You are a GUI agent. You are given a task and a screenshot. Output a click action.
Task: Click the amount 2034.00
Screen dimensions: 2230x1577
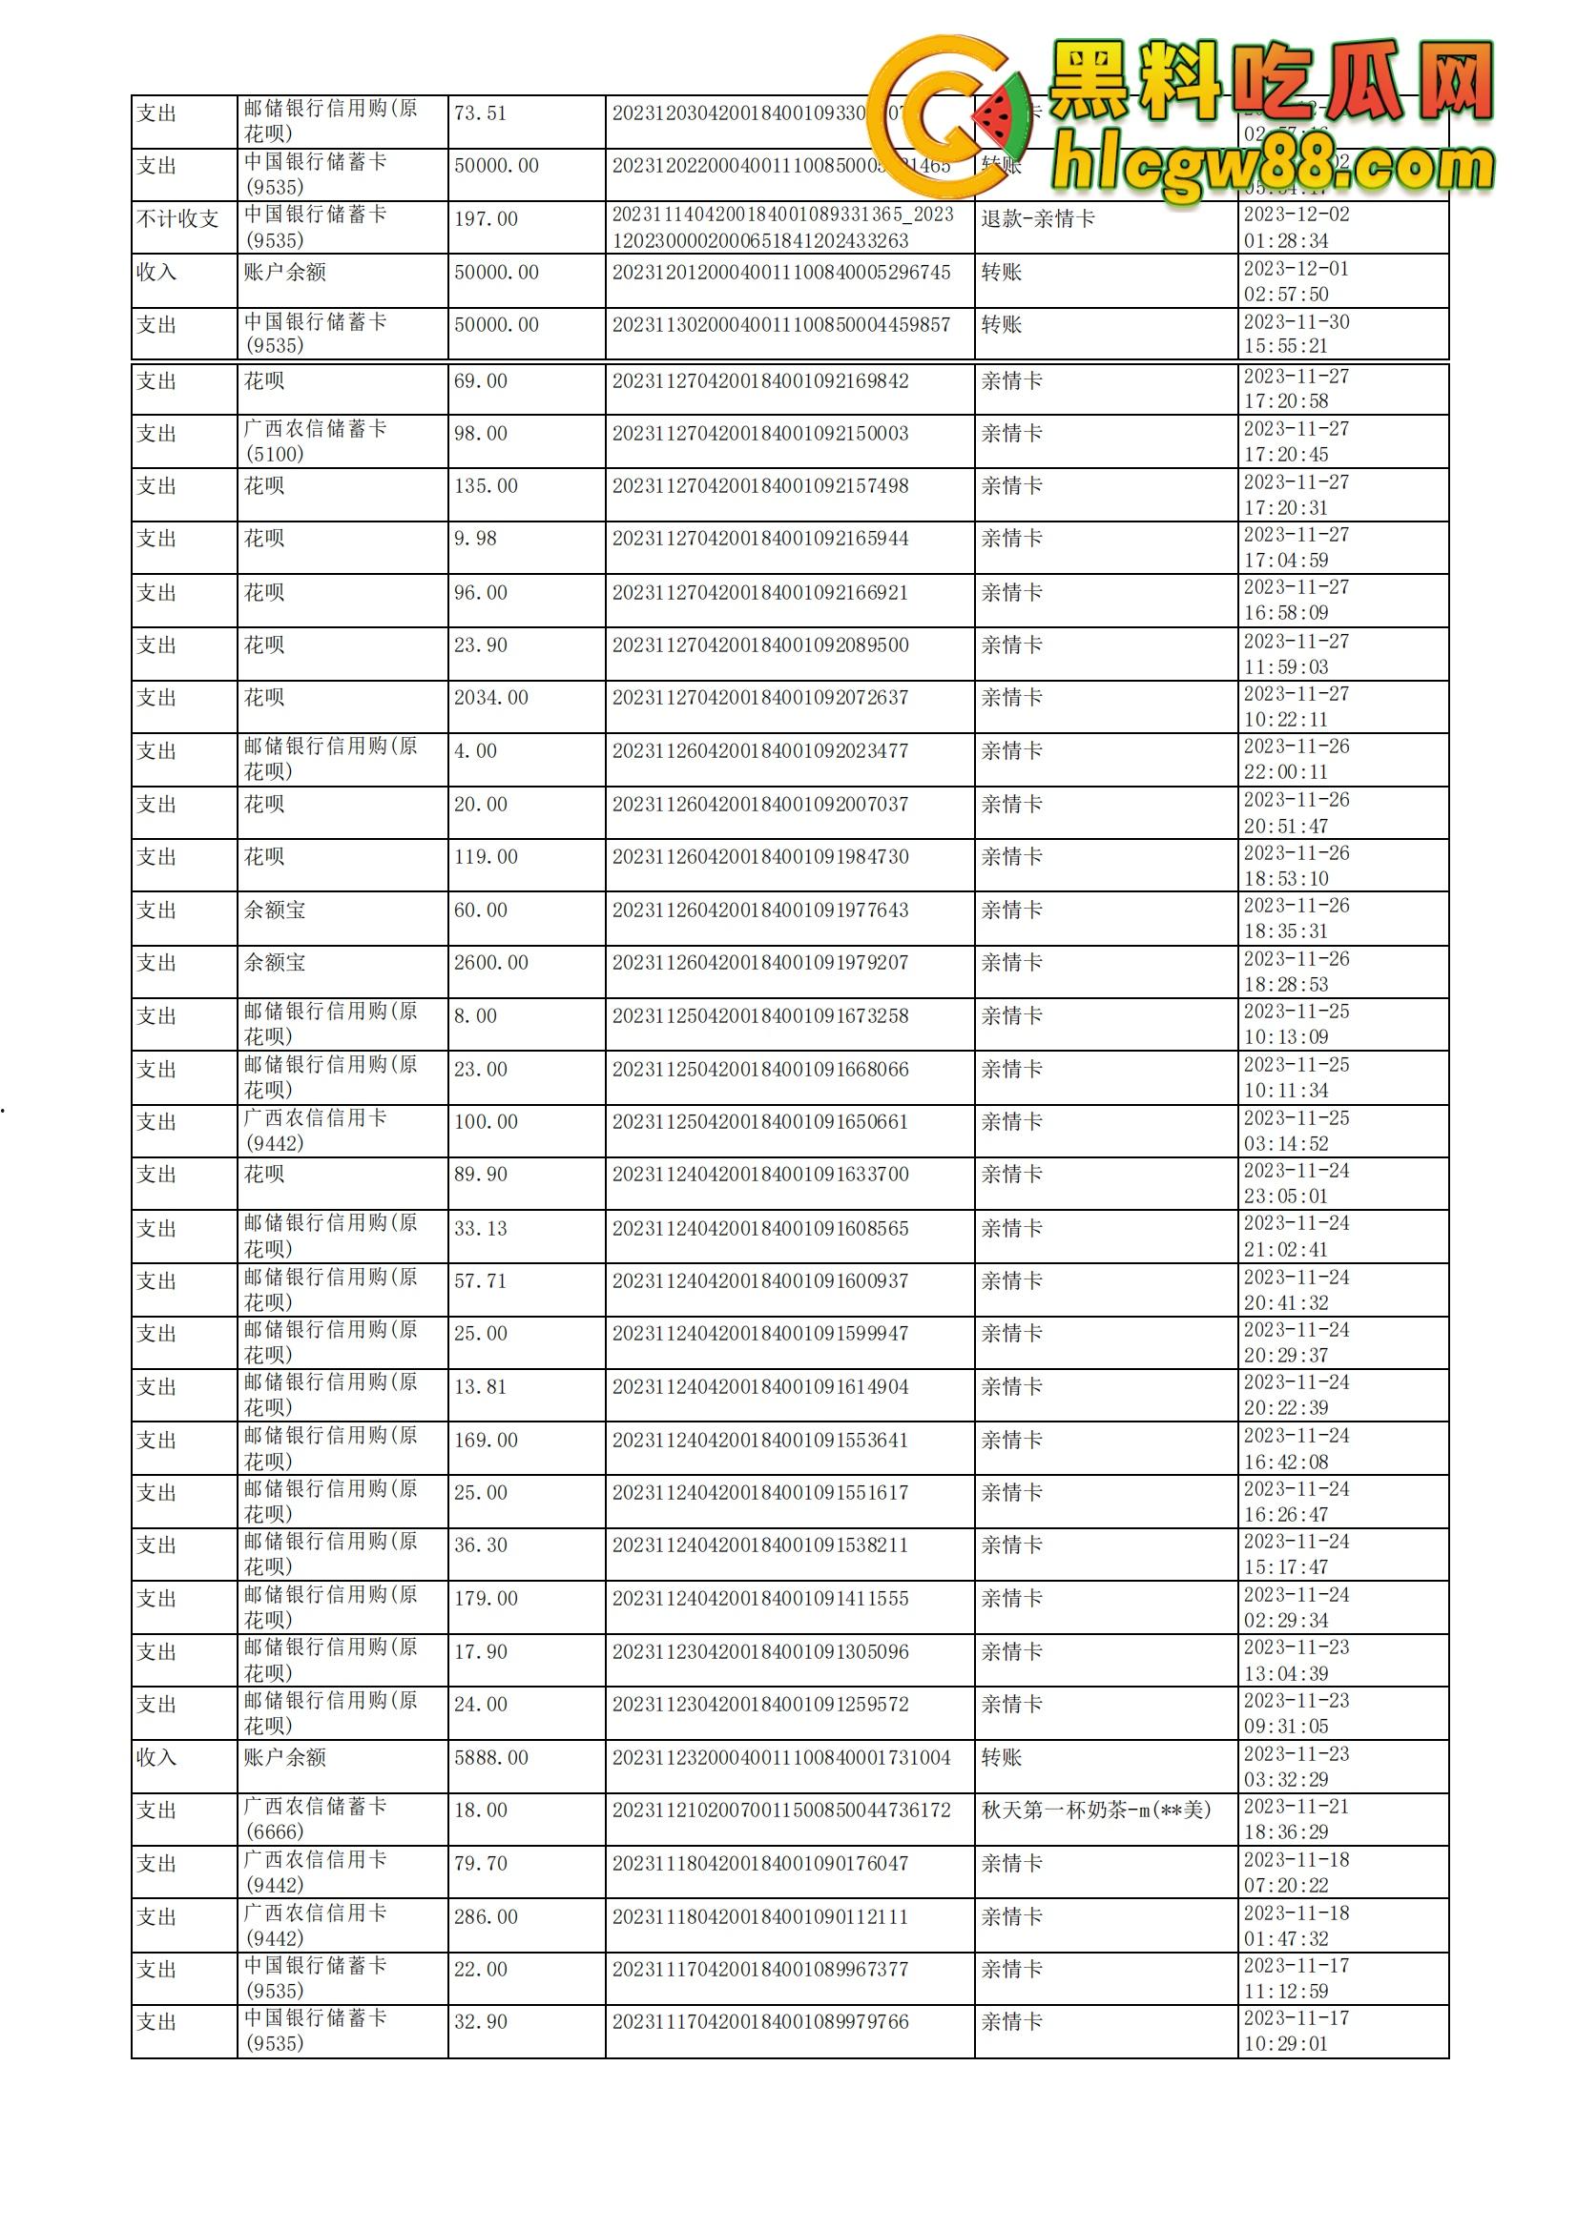pyautogui.click(x=490, y=697)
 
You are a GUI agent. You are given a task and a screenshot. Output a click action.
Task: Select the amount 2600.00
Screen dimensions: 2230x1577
pyautogui.click(x=490, y=963)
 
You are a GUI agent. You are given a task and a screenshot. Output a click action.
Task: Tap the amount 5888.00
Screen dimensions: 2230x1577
pyautogui.click(x=490, y=1757)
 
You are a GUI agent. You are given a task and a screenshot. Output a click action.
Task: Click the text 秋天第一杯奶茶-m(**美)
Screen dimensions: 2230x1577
pyautogui.click(x=1096, y=1810)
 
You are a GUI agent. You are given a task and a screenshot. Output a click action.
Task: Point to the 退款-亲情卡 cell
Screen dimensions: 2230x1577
pyautogui.click(x=1038, y=218)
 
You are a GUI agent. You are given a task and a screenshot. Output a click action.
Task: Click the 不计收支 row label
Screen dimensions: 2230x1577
pyautogui.click(x=177, y=218)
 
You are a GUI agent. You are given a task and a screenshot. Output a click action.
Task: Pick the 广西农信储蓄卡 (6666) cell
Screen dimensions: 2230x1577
pyautogui.click(x=315, y=1818)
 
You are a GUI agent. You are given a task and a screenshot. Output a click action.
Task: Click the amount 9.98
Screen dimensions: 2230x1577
pyautogui.click(x=475, y=538)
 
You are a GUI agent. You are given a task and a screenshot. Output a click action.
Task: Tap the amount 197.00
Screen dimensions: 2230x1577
pyautogui.click(x=486, y=218)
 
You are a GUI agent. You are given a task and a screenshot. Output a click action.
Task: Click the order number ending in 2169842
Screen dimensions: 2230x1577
pyautogui.click(x=759, y=380)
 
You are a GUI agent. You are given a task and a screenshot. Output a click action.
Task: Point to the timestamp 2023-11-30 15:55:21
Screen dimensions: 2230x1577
pyautogui.click(x=1297, y=333)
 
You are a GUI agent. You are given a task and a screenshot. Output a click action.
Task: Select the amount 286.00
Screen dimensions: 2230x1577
pyautogui.click(x=486, y=1916)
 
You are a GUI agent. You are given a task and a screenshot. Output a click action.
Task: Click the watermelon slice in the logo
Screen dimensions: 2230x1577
pyautogui.click(x=1001, y=116)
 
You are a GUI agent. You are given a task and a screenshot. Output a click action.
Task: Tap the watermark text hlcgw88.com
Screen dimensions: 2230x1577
pyautogui.click(x=1273, y=167)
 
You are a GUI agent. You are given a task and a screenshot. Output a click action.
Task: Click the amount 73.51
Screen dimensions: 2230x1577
pyautogui.click(x=480, y=113)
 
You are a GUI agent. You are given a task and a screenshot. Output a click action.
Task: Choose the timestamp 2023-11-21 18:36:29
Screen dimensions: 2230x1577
pyautogui.click(x=1297, y=1818)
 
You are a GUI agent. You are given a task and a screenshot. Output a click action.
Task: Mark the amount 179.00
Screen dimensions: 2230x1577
pyautogui.click(x=486, y=1598)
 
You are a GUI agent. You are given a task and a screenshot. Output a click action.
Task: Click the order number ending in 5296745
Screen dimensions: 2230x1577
pyautogui.click(x=781, y=272)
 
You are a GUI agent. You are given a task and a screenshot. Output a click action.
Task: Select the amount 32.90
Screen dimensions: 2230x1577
pyautogui.click(x=480, y=2021)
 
